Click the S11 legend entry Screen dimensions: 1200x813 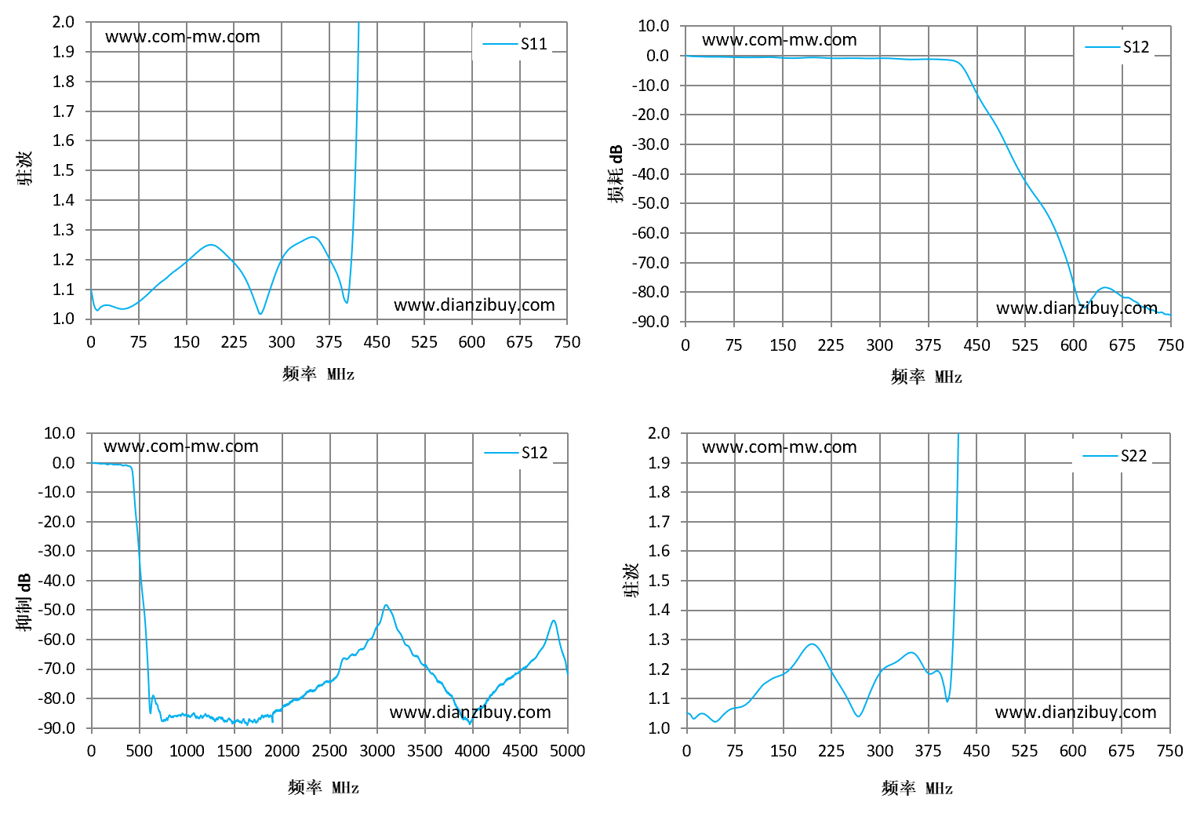(515, 43)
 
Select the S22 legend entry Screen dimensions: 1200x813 (1115, 455)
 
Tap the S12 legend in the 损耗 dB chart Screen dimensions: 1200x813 (1116, 47)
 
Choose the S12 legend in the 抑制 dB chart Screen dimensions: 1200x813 (515, 453)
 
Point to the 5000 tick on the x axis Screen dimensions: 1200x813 (567, 750)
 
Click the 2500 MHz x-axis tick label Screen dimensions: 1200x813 (329, 750)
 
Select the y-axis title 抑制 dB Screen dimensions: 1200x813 (24, 603)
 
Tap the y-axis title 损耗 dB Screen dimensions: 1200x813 (616, 173)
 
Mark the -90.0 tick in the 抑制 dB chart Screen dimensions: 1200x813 (56, 727)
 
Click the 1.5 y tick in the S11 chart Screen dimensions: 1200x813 (64, 170)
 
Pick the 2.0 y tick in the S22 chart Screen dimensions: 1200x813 (659, 432)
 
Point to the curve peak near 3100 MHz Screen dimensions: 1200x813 (386, 605)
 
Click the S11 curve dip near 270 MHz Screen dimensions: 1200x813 (260, 314)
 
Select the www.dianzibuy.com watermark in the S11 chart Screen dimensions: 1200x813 (474, 304)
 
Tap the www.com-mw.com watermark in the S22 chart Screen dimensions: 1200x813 (779, 447)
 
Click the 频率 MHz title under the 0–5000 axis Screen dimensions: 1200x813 (323, 787)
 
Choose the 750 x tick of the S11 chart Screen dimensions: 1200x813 (567, 342)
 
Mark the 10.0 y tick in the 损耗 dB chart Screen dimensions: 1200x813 (653, 26)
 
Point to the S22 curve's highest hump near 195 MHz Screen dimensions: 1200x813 (812, 644)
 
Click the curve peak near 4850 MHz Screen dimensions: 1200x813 (554, 621)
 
